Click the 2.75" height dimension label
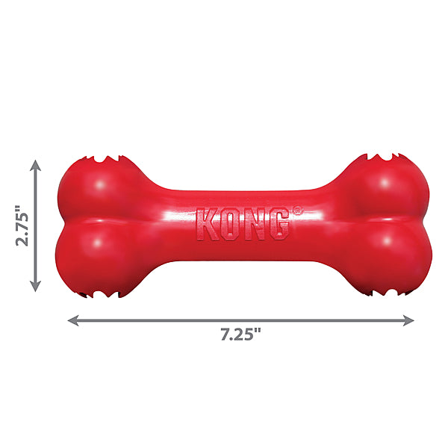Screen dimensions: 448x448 click(x=22, y=225)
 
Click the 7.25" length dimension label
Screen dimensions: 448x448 click(x=241, y=335)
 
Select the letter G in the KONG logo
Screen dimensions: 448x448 click(x=278, y=225)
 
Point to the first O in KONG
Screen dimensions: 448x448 click(x=231, y=225)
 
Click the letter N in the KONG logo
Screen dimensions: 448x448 click(x=254, y=225)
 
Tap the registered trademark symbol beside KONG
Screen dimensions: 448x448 click(x=297, y=210)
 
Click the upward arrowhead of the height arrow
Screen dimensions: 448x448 click(x=35, y=166)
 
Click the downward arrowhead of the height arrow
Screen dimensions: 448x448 click(x=35, y=286)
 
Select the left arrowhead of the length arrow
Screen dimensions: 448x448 click(x=73, y=320)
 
